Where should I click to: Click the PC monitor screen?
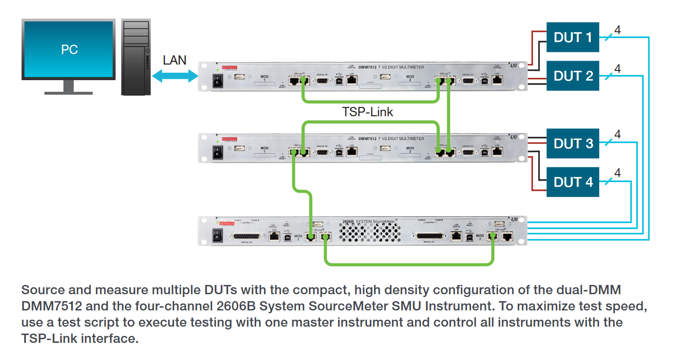pos(69,48)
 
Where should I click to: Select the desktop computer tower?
pos(136,57)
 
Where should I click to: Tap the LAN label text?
pos(175,60)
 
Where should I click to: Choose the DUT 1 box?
pos(572,37)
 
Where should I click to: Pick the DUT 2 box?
pos(572,76)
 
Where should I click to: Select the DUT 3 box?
pos(572,143)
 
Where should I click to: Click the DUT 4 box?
pos(572,182)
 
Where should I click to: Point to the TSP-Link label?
pos(367,112)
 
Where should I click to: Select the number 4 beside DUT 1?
pos(617,30)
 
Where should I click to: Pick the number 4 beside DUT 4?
pos(617,173)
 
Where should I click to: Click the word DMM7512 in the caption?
pos(52,307)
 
